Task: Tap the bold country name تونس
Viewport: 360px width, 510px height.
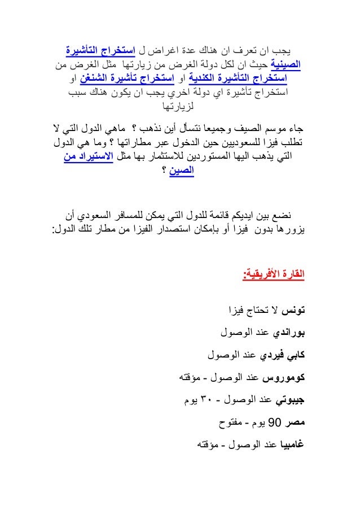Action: point(294,310)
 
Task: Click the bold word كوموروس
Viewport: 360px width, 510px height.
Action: point(283,377)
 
